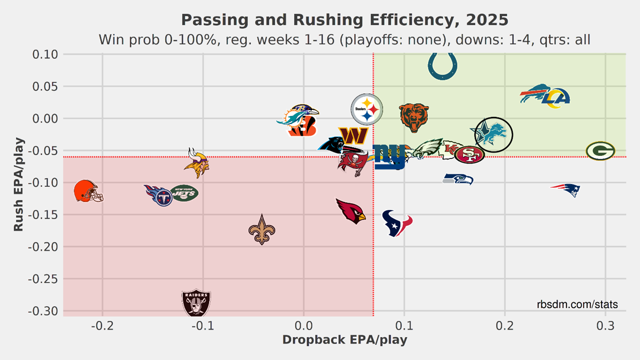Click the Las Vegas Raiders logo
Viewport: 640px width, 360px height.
(x=196, y=303)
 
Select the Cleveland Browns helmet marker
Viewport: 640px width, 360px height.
(x=88, y=191)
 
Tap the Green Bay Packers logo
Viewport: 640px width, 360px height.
(x=601, y=151)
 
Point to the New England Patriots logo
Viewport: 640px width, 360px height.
(x=566, y=189)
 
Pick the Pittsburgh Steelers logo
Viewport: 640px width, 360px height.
(x=367, y=109)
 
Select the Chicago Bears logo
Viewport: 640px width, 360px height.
(x=414, y=117)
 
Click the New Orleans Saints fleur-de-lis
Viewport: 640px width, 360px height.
(x=262, y=229)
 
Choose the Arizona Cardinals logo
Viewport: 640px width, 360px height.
(x=351, y=211)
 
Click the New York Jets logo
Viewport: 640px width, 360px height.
(x=184, y=193)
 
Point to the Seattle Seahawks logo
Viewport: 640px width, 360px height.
(x=458, y=179)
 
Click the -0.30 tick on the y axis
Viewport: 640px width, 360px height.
(x=45, y=311)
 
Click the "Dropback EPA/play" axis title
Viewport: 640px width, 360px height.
(x=345, y=340)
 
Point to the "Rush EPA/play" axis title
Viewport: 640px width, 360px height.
(x=18, y=184)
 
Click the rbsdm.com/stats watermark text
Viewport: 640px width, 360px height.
(x=577, y=305)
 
